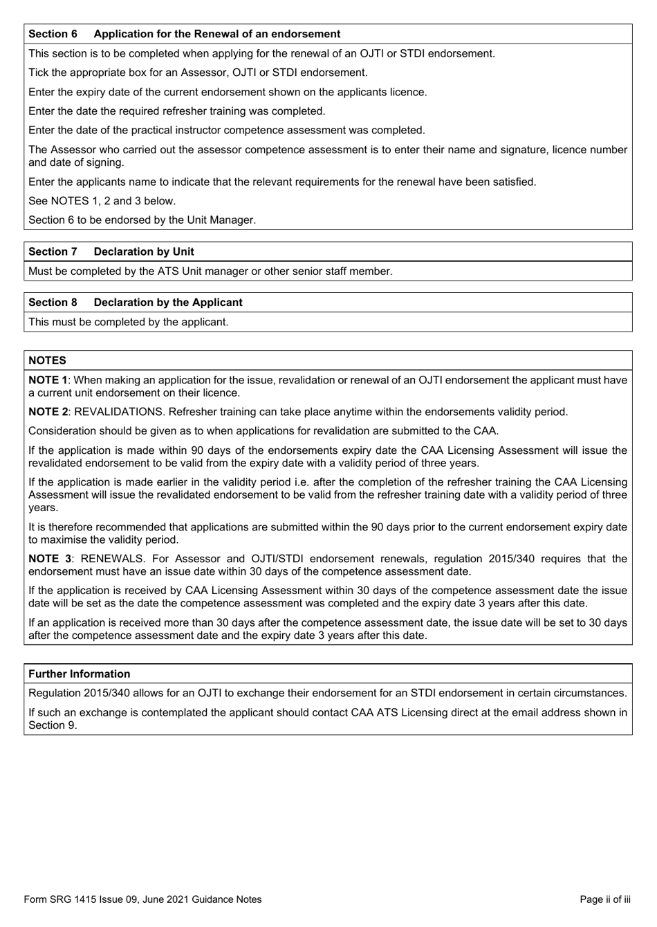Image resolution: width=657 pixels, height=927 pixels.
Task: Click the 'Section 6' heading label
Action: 53,34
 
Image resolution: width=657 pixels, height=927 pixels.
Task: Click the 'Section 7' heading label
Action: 53,252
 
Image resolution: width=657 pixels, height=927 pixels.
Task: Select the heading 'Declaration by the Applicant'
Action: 168,303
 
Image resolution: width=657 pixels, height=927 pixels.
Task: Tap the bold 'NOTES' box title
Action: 47,361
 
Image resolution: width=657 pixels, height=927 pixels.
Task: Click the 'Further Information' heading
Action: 79,674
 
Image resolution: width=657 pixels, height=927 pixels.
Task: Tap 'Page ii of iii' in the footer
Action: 604,899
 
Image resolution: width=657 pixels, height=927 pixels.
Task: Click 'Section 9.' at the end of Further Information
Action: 53,725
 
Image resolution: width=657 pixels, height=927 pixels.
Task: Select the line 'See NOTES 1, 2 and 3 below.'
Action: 102,201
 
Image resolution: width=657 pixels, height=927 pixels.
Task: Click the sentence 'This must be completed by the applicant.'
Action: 128,322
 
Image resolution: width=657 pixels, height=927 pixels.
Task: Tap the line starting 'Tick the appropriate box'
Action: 198,73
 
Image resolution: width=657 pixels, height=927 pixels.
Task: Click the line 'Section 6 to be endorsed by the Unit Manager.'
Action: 142,220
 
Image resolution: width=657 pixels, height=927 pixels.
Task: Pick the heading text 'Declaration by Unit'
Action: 144,252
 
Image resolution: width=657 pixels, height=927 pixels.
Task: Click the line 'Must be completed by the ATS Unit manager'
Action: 210,271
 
